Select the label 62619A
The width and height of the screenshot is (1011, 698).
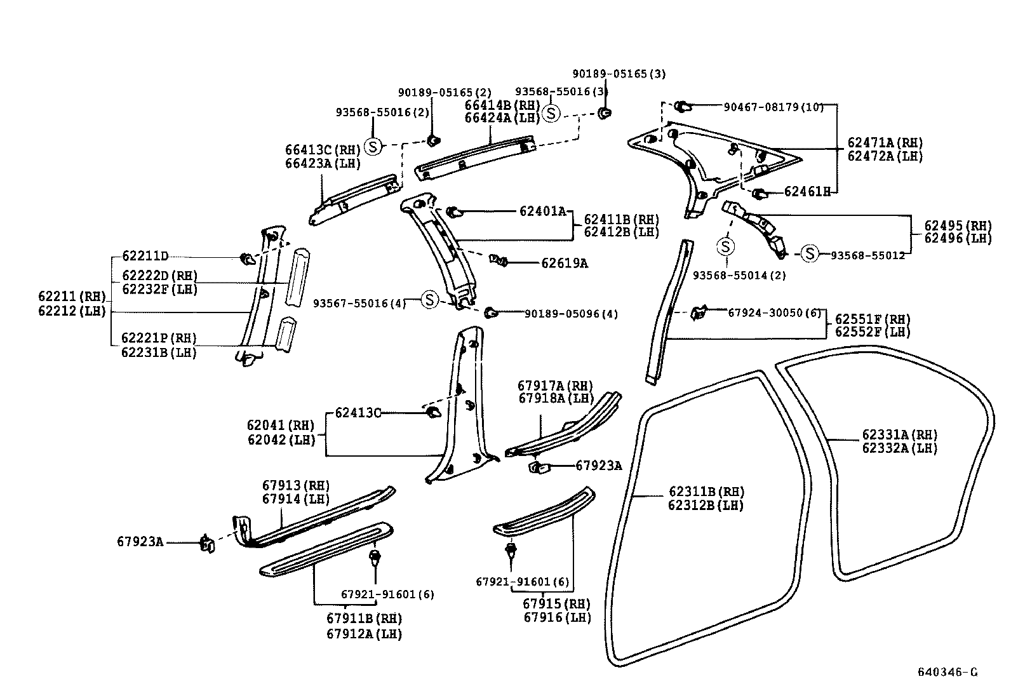[x=564, y=263]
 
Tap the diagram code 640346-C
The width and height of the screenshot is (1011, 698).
[x=947, y=672]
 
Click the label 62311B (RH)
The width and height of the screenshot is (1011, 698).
[x=706, y=492]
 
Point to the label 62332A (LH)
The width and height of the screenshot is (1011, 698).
[x=899, y=448]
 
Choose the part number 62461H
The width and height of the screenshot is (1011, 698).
[x=807, y=191]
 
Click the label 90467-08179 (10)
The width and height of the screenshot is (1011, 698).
[x=773, y=107]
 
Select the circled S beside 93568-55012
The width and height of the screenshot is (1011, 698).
[x=809, y=254]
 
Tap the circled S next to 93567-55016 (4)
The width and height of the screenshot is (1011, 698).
[x=430, y=299]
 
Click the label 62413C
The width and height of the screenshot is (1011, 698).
[x=357, y=413]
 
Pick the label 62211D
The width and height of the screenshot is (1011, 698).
[x=145, y=257]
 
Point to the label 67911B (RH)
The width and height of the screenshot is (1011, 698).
[x=364, y=618]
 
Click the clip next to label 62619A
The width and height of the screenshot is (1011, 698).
[x=499, y=260]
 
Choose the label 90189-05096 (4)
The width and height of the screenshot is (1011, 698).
[x=570, y=313]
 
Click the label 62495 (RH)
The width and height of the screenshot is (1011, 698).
[x=957, y=225]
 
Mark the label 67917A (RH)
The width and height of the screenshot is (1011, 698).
[x=554, y=386]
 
